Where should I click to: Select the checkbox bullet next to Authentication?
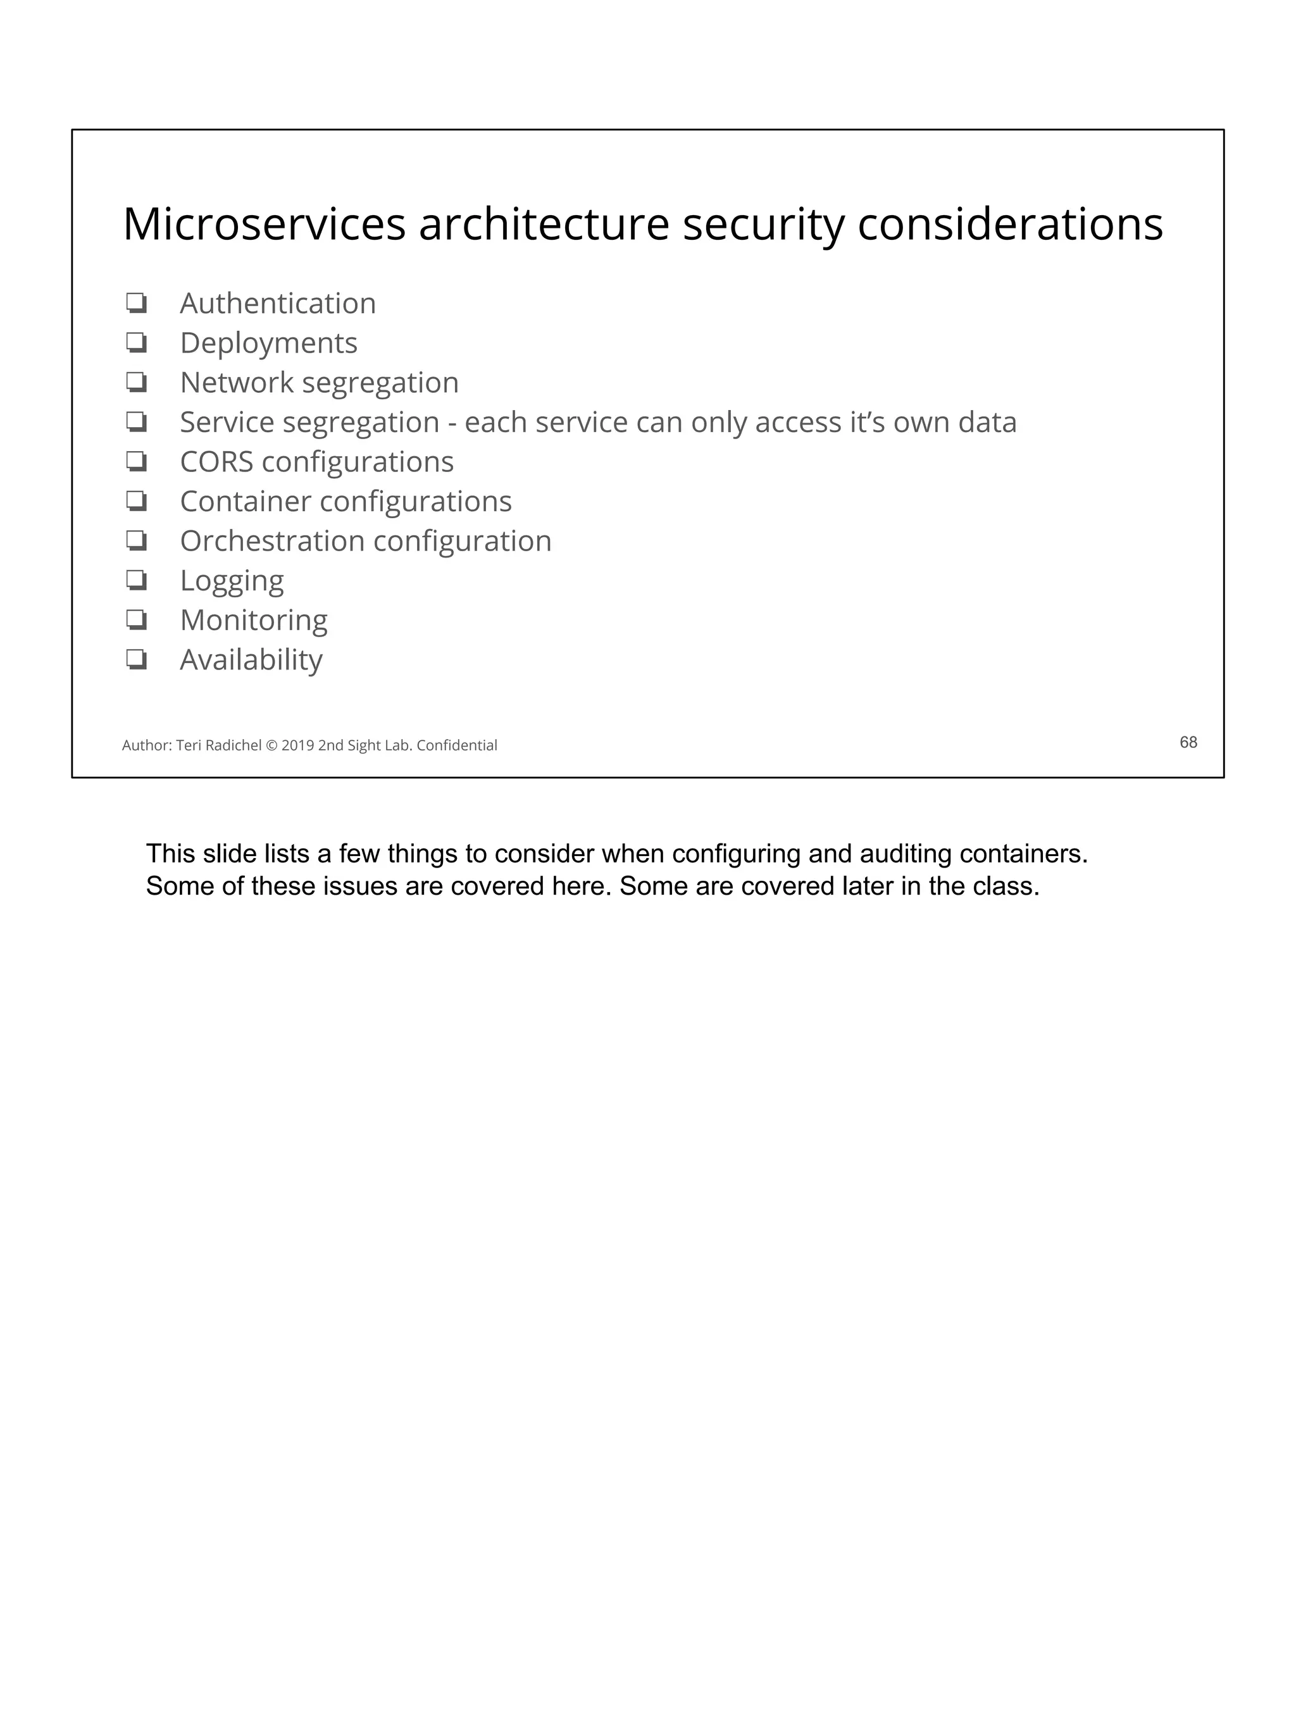[137, 303]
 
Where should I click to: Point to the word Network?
[237, 383]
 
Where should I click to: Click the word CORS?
[216, 462]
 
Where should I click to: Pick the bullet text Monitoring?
[253, 620]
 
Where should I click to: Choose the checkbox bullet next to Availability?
[137, 659]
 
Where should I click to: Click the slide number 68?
[1187, 742]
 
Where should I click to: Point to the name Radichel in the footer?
[234, 745]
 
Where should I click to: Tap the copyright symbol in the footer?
[271, 745]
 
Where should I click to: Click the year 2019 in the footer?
[297, 745]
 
